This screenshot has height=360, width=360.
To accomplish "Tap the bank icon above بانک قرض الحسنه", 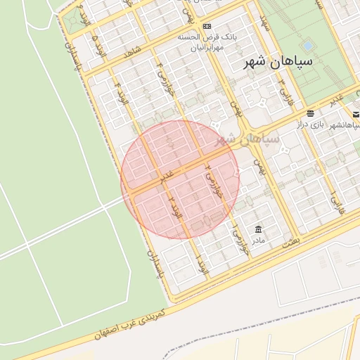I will pyautogui.click(x=207, y=27).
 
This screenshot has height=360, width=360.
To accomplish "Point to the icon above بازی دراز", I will pyautogui.click(x=310, y=112).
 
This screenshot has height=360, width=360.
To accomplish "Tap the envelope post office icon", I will pyautogui.click(x=356, y=114).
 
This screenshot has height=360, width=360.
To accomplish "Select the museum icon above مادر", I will pyautogui.click(x=259, y=229).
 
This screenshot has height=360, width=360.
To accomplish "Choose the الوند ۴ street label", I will pyautogui.click(x=125, y=94).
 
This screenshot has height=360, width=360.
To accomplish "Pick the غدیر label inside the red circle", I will pyautogui.click(x=166, y=175).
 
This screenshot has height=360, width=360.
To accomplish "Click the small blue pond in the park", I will pyautogui.click(x=307, y=46).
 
